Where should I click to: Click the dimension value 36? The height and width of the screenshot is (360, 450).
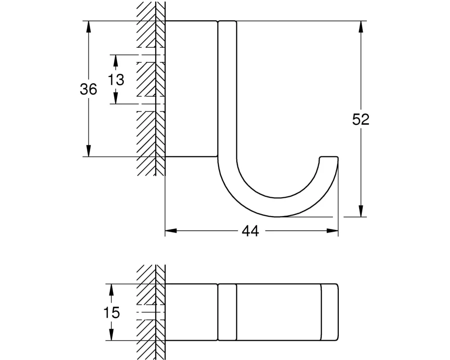pos(88,89)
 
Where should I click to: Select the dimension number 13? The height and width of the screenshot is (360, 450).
pos(116,80)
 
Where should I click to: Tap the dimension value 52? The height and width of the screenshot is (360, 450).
pos(361,119)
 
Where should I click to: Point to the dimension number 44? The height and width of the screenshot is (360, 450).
pos(250,231)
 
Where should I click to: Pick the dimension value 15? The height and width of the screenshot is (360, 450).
pos(111,313)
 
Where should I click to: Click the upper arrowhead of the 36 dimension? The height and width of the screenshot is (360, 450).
pos(89,27)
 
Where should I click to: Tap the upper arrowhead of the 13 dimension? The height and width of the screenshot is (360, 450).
pos(116,61)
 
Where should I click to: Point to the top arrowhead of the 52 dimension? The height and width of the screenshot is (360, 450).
pos(361,27)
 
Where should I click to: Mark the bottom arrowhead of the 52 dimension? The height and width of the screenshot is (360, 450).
pos(361,211)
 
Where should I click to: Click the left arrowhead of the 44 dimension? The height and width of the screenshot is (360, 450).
pos(171,230)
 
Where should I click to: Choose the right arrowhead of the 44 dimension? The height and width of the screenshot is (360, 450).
pos(333,230)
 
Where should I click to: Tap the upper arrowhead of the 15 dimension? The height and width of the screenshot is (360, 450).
pos(111,290)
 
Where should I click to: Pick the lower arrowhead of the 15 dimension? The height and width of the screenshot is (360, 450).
pos(111,335)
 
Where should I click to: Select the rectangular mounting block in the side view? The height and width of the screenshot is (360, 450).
pos(191,89)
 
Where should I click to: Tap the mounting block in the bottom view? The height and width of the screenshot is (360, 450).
pos(191,312)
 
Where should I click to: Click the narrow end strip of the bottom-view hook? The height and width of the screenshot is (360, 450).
pos(330,312)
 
